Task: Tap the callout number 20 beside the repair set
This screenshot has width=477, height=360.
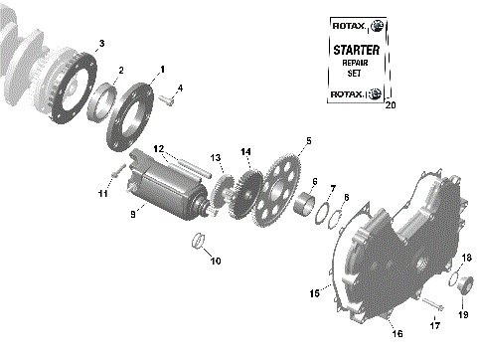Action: tap(390, 103)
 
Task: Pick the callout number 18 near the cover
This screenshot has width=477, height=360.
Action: tap(466, 257)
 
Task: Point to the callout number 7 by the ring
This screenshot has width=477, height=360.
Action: tap(333, 187)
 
